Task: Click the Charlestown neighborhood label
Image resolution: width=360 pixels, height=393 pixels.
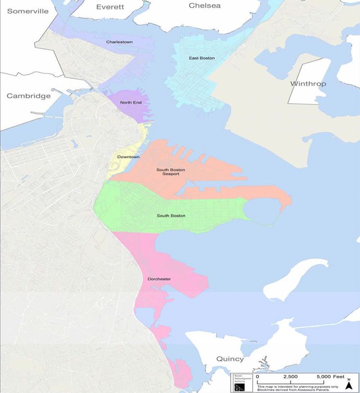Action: (x=119, y=42)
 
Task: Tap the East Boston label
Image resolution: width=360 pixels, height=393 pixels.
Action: (x=202, y=58)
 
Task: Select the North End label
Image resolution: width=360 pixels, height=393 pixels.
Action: (x=130, y=103)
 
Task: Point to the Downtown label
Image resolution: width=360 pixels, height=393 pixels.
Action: (x=128, y=157)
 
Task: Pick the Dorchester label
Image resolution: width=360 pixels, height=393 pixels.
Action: (x=159, y=279)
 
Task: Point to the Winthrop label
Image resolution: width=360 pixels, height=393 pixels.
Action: (x=308, y=84)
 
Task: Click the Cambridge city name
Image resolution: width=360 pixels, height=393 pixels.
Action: (x=28, y=96)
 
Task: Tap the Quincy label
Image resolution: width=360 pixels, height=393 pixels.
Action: (x=229, y=359)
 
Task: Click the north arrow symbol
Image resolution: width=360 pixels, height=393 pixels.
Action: (x=348, y=384)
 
